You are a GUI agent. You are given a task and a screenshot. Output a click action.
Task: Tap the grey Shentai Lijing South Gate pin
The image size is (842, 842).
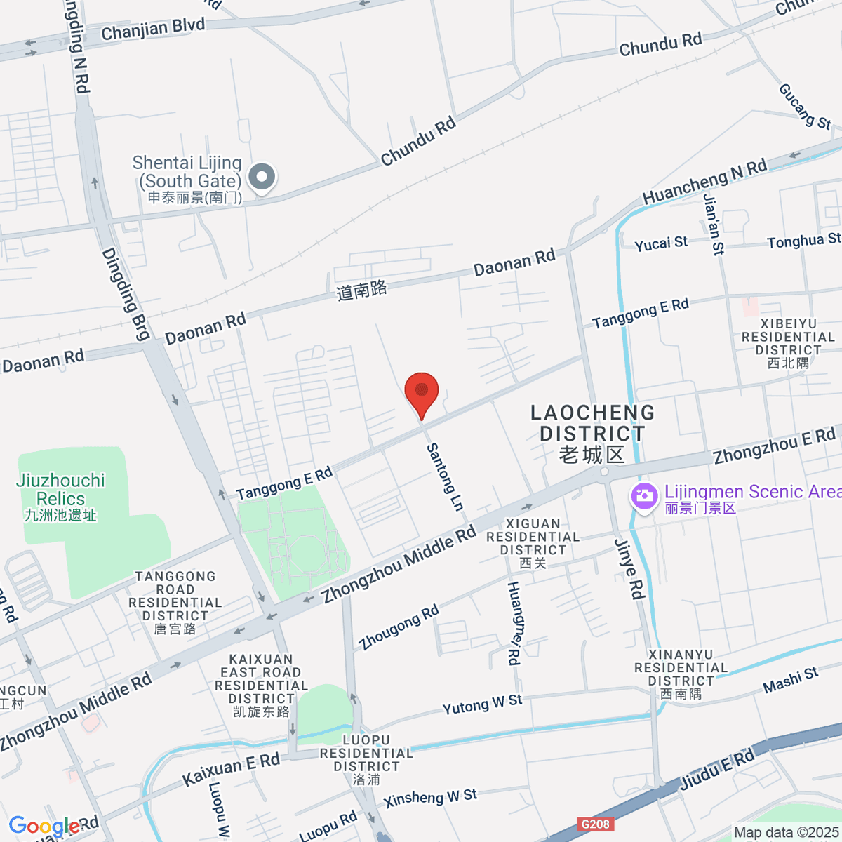tap(262, 178)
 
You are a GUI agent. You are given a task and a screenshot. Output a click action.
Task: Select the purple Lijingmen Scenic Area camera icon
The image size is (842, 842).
tap(643, 496)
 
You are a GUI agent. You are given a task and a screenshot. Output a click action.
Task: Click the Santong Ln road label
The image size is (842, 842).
tap(446, 477)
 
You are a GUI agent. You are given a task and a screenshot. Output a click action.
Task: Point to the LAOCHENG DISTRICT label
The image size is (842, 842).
tap(592, 433)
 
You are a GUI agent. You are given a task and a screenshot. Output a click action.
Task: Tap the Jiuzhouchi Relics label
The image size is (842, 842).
tap(60, 497)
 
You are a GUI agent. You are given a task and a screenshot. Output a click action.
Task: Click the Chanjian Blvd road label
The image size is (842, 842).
tap(153, 29)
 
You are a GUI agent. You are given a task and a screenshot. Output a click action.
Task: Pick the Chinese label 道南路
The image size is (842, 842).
tap(361, 290)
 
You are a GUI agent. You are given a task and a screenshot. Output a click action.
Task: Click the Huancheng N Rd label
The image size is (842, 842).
tap(704, 182)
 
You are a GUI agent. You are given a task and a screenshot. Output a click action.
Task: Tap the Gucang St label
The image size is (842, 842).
tap(805, 107)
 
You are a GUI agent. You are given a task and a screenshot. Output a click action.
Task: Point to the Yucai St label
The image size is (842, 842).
tap(661, 243)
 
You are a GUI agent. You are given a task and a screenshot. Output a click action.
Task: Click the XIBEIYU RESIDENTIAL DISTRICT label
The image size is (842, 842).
tap(788, 343)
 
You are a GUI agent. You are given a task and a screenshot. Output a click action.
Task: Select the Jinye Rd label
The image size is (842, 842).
tap(629, 569)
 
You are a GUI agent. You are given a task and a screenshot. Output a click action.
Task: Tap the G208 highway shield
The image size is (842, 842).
tap(596, 824)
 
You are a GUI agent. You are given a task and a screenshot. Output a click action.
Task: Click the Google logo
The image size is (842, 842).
tap(44, 826)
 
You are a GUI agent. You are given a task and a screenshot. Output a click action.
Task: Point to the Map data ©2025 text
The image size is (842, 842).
tap(786, 833)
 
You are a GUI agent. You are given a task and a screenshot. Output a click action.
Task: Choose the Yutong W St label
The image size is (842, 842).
tap(482, 704)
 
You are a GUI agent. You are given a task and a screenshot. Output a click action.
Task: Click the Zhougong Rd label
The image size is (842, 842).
tap(399, 627)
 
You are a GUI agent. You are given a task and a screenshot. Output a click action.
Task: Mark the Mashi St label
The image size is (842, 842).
tap(790, 681)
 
